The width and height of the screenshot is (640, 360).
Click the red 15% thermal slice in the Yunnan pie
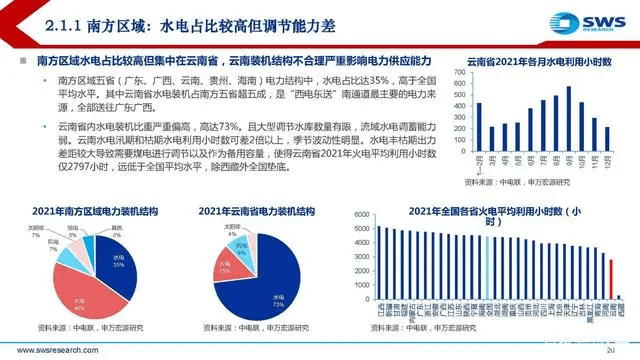pyautogui.click(x=226, y=268)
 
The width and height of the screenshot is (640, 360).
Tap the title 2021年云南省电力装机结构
pyautogui.click(x=250, y=213)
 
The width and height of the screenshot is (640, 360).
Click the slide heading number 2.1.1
pyautogui.click(x=46, y=20)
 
